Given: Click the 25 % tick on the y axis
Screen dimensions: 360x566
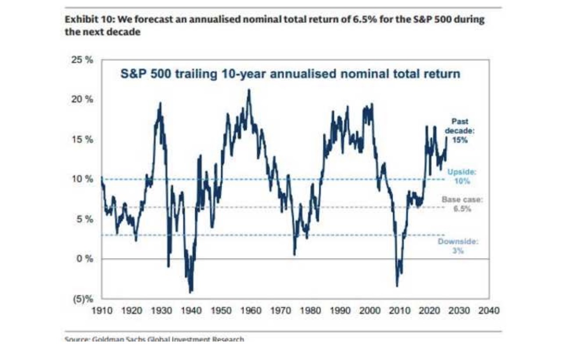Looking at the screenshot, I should pos(82,60).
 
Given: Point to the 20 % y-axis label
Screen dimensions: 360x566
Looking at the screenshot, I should pos(82,99).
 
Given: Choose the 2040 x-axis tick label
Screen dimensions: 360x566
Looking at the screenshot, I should pos(489,310).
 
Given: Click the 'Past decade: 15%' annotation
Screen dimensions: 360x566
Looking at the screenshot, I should pos(460,131).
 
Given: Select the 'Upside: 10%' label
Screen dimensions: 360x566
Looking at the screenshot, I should pos(462,176).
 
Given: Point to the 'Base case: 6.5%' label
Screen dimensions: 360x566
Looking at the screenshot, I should pos(462,204).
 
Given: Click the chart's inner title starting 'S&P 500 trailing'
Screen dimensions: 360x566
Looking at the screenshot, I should pos(290,73).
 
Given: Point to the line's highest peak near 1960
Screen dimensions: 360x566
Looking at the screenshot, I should pos(249,90).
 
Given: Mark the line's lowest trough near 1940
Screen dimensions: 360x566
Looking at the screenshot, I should pos(190,292).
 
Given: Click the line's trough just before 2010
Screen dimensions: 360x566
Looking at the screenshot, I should pos(397,286).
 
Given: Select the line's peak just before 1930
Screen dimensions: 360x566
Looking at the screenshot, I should pos(160,103).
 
